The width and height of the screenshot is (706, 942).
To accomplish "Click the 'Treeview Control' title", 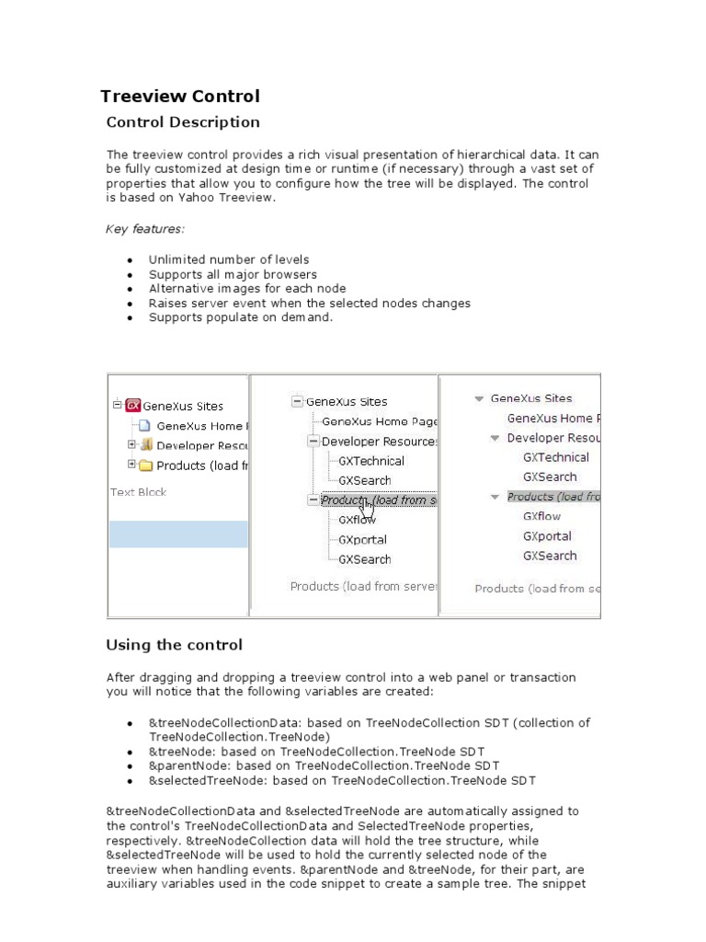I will [179, 97].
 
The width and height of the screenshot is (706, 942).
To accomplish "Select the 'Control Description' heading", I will [183, 122].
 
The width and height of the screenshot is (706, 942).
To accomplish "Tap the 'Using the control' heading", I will [174, 645].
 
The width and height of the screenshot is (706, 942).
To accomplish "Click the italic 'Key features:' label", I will [144, 229].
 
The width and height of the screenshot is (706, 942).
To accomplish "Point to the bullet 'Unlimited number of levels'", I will [229, 260].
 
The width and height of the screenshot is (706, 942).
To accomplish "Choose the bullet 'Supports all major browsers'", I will [233, 274].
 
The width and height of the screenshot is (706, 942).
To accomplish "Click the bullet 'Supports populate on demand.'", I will [240, 317].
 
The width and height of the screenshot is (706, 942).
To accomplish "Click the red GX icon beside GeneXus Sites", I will [133, 406].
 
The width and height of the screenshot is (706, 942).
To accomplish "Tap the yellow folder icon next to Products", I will [145, 465].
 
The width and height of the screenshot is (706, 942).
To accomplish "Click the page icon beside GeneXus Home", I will [143, 426].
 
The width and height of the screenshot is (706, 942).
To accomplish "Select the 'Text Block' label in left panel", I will [138, 492].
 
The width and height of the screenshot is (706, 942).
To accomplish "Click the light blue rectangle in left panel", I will [178, 534].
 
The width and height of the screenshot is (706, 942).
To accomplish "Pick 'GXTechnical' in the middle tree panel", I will [370, 461].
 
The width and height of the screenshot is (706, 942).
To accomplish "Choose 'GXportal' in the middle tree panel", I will [362, 540].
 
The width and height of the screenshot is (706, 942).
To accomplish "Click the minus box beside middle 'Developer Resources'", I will [313, 442].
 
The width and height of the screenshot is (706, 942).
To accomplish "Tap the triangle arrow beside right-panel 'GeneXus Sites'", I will [479, 399].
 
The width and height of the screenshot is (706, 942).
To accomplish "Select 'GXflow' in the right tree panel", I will [541, 516].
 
